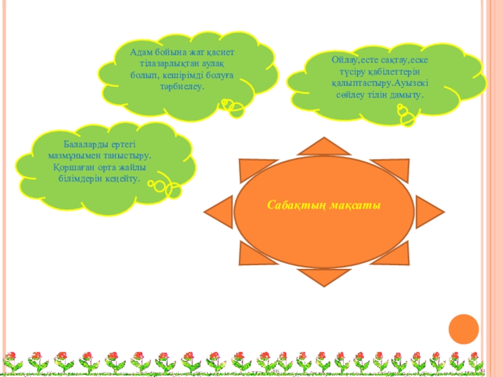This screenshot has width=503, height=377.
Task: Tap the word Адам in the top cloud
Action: tap(142, 53)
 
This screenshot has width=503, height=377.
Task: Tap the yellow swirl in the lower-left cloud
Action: tap(165, 188)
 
